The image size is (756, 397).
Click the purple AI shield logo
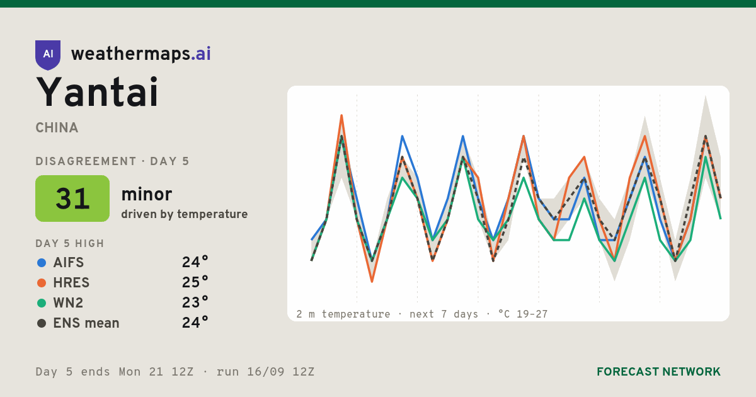(x=48, y=55)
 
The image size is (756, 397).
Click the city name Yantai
(x=97, y=92)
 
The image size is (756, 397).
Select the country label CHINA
(x=57, y=128)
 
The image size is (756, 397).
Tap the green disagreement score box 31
(x=72, y=198)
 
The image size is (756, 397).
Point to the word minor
(x=146, y=194)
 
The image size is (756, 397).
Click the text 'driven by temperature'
(x=184, y=214)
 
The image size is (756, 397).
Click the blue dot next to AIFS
(x=42, y=263)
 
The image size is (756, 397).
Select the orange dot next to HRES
(x=42, y=283)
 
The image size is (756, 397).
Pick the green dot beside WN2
(x=42, y=303)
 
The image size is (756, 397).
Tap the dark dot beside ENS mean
(x=42, y=323)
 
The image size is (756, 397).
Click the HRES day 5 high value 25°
(x=195, y=282)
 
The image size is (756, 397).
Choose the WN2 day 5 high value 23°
(x=195, y=302)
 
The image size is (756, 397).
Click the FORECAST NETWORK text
(x=658, y=372)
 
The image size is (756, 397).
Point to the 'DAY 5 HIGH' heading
(x=70, y=243)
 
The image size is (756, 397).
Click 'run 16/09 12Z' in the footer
(x=265, y=372)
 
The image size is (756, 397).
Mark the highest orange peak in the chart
(x=341, y=115)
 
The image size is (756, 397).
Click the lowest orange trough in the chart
(x=372, y=281)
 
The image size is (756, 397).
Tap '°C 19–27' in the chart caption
(x=523, y=314)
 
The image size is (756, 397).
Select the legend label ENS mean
(x=86, y=323)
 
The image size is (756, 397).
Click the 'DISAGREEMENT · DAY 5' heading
(x=112, y=161)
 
